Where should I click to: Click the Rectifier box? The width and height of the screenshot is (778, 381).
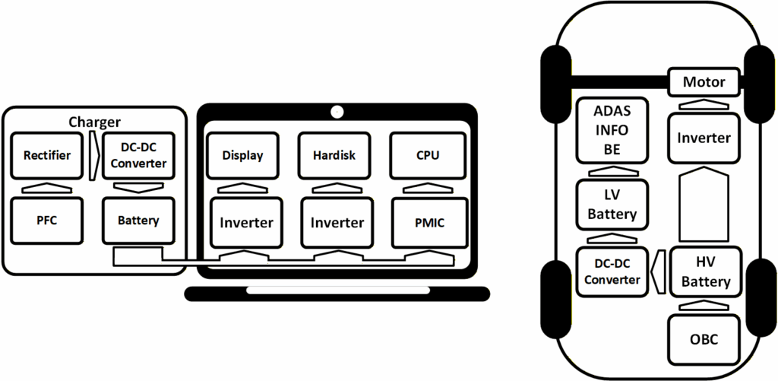(x=47, y=156)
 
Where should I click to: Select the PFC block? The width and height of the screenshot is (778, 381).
(x=47, y=221)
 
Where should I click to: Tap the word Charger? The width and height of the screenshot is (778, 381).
(x=95, y=122)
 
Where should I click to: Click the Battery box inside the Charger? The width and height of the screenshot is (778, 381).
(x=138, y=221)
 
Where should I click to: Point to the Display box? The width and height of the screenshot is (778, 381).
(x=243, y=156)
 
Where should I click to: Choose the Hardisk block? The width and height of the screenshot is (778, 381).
(x=334, y=156)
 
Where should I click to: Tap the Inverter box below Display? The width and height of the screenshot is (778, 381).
(x=246, y=222)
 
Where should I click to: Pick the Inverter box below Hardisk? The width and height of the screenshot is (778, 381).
(x=337, y=222)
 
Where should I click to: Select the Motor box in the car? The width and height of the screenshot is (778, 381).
(x=704, y=81)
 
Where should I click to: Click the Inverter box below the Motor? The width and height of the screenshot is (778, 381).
(x=704, y=138)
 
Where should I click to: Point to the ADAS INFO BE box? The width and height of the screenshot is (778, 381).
(x=612, y=130)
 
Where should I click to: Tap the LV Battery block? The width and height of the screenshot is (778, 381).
(x=612, y=204)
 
